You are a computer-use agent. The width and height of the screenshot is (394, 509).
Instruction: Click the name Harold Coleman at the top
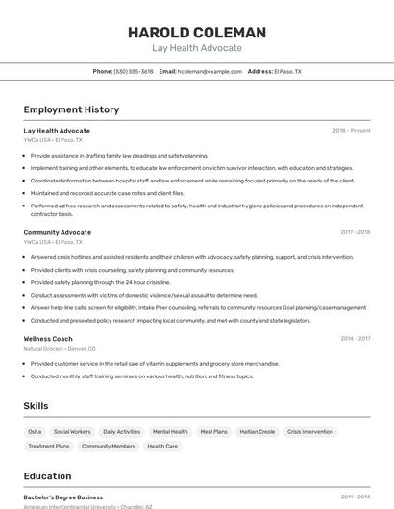coord(197,32)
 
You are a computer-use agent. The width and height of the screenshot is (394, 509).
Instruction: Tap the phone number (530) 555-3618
coord(134,71)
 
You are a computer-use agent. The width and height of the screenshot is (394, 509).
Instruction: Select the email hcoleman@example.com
coord(209,71)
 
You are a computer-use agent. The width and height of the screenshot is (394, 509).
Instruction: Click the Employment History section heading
coord(71,109)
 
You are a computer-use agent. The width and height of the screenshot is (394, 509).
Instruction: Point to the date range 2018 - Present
coord(351,131)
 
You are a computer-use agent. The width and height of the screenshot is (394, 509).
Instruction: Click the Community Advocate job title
coord(58,232)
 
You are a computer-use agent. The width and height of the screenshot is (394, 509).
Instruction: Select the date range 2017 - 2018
coord(355,232)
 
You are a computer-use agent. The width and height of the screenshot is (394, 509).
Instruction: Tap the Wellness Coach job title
coord(48,339)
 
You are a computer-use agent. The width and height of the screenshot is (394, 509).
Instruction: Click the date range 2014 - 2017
coord(355,339)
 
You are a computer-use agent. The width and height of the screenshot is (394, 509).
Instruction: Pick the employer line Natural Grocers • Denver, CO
coord(60,349)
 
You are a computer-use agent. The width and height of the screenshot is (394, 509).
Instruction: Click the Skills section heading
coord(36,406)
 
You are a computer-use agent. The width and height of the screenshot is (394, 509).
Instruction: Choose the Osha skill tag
coord(35,432)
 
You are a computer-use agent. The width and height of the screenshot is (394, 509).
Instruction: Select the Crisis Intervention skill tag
coord(309,432)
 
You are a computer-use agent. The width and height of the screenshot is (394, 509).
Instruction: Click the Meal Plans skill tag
coord(213,432)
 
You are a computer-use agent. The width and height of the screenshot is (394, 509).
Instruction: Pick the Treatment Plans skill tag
coord(49,447)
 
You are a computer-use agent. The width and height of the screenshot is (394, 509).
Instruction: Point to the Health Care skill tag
coord(162,447)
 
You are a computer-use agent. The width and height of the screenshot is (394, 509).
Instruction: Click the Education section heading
coord(47,476)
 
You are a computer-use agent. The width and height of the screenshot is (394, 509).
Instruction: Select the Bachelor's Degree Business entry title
coord(63,497)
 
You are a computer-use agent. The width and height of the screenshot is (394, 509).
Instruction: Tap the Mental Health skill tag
coord(170,432)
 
